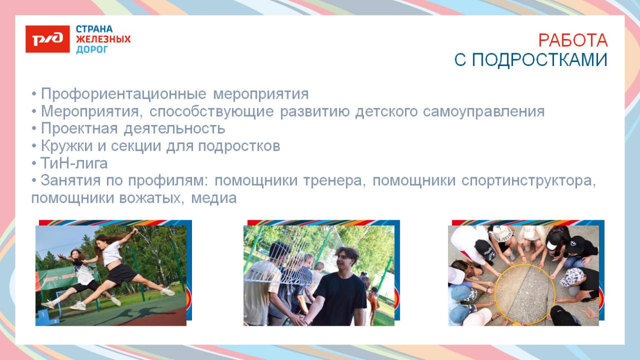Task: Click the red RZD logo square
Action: click(48, 39)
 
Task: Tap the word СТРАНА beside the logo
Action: click(94, 29)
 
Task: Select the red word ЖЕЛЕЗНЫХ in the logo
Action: click(103, 39)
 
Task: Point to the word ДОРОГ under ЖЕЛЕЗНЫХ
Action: click(92, 50)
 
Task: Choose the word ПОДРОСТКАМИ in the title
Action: click(539, 60)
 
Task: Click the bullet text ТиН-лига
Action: click(74, 163)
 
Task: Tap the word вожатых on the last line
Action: click(150, 198)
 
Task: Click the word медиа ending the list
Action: click(214, 198)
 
